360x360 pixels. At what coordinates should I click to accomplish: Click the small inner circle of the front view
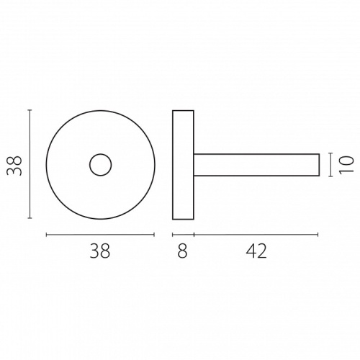[x=101, y=154]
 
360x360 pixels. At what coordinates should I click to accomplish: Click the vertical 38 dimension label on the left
[x=14, y=166]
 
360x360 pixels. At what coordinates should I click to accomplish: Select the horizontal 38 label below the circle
[x=100, y=251]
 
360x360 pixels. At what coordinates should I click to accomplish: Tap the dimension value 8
[x=182, y=251]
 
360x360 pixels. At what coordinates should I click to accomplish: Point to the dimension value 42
[x=256, y=251]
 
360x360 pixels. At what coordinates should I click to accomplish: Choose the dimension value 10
[x=346, y=164]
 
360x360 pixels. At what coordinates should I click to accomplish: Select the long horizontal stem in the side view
[x=256, y=154]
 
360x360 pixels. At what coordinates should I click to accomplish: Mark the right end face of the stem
[x=319, y=165]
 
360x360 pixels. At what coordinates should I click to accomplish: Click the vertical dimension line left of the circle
[x=30, y=164]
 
